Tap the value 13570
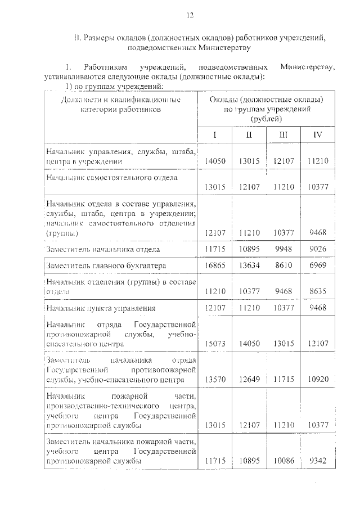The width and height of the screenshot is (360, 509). [215, 380]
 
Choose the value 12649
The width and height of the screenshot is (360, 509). [249, 380]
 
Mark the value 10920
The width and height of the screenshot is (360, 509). [318, 380]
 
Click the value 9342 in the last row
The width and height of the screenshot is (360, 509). [318, 461]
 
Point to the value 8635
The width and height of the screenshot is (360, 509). [318, 292]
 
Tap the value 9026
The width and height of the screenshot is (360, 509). [318, 249]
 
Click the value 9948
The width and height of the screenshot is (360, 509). [283, 249]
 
